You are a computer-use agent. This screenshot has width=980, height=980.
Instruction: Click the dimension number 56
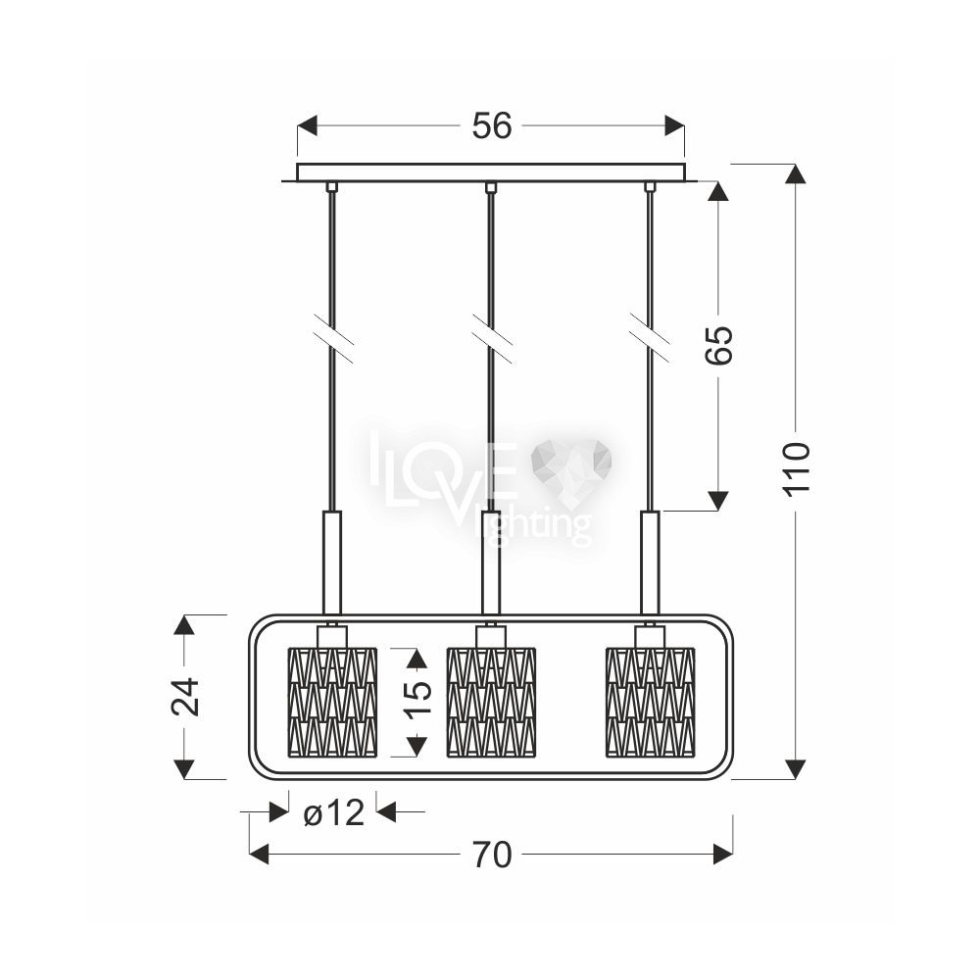click(x=491, y=125)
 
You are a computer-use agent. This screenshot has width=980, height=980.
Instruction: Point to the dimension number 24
click(x=185, y=696)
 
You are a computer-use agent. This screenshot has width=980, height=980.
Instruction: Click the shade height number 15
click(x=416, y=698)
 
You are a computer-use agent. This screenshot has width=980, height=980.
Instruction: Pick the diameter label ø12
click(x=333, y=813)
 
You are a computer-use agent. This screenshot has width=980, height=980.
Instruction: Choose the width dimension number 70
click(x=492, y=855)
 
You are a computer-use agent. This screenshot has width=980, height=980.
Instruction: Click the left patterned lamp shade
click(x=332, y=702)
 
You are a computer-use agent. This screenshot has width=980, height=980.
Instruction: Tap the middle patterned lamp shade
click(x=491, y=702)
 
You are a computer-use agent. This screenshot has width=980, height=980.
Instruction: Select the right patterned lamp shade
click(x=651, y=702)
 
